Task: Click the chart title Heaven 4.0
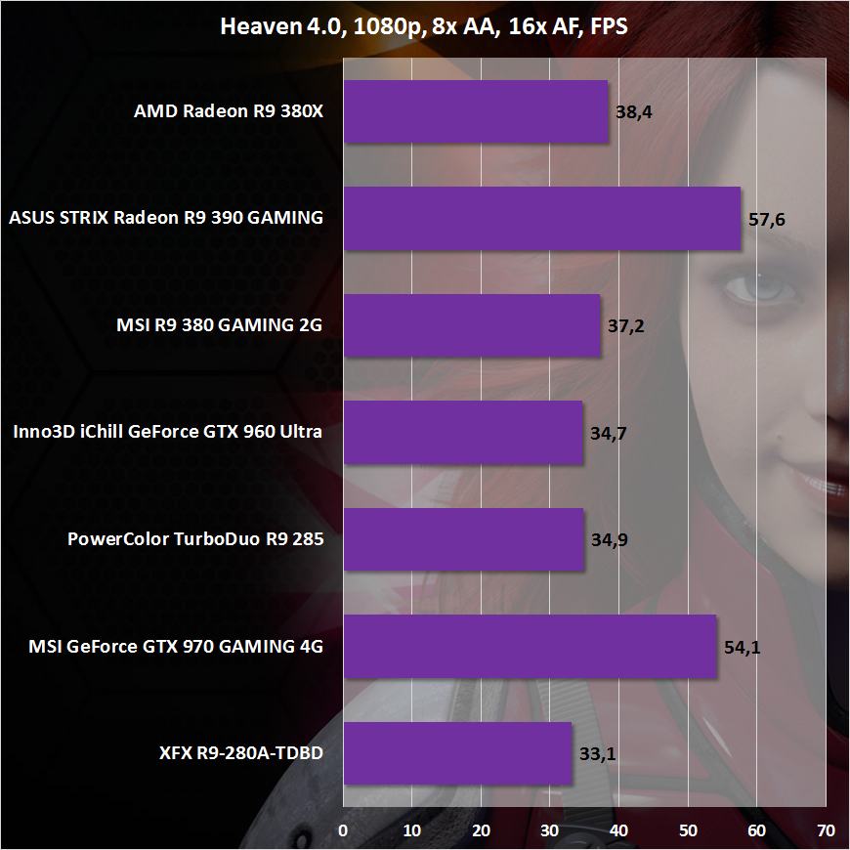423,26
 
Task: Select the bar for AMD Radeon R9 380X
475,111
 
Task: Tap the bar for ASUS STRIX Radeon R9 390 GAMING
541,218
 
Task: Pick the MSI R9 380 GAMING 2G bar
471,325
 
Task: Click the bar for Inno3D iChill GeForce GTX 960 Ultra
462,432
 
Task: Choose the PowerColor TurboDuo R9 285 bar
463,539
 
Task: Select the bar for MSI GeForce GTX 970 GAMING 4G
530,646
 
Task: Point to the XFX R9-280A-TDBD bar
456,753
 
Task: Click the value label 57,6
767,219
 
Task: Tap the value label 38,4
634,112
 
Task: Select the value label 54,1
743,647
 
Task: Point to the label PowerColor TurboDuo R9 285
195,539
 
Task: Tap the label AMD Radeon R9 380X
228,111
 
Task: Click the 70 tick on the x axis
826,830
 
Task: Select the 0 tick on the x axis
343,830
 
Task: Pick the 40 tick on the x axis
618,830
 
